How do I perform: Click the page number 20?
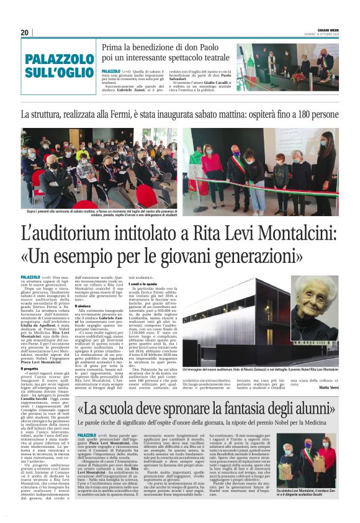click(x=24, y=32)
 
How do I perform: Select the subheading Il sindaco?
click(x=84, y=306)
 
